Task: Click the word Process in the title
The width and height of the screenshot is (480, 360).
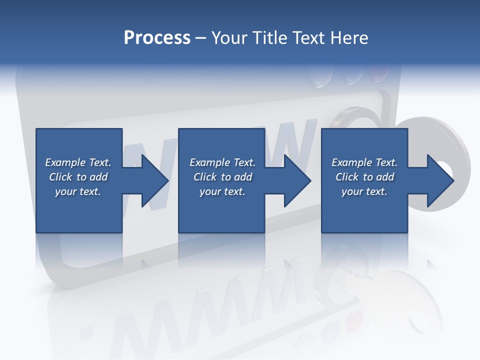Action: (x=157, y=38)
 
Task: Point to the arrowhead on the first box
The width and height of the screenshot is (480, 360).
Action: (x=152, y=180)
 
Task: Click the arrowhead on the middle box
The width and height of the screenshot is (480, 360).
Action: (x=295, y=180)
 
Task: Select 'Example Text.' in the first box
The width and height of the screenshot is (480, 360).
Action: (x=78, y=162)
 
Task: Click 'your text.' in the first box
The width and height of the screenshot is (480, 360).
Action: (x=78, y=191)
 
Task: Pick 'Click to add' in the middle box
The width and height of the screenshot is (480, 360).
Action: (x=222, y=177)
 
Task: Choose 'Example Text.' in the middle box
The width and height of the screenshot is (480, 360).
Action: (x=222, y=162)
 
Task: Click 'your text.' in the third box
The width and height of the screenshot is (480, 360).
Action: (x=364, y=191)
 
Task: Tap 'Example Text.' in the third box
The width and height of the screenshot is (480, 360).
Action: (x=364, y=162)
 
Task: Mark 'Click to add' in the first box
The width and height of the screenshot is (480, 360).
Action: (x=78, y=177)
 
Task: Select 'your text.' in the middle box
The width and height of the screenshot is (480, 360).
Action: (x=222, y=191)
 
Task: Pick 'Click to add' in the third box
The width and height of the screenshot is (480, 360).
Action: (x=364, y=177)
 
